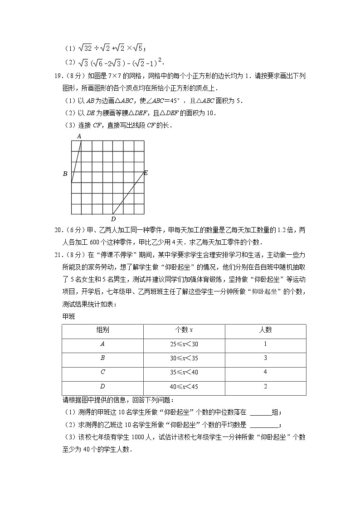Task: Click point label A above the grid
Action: (79, 136)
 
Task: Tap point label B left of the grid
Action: (65, 174)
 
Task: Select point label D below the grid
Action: (113, 219)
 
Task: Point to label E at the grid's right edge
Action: (146, 173)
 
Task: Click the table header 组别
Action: (102, 330)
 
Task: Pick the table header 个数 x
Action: (184, 330)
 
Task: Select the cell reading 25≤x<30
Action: (184, 344)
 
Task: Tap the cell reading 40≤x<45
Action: (184, 387)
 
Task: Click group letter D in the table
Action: (102, 387)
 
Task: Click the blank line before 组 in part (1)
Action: (260, 413)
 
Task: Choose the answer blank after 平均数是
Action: (264, 425)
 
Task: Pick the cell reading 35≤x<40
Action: (184, 373)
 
